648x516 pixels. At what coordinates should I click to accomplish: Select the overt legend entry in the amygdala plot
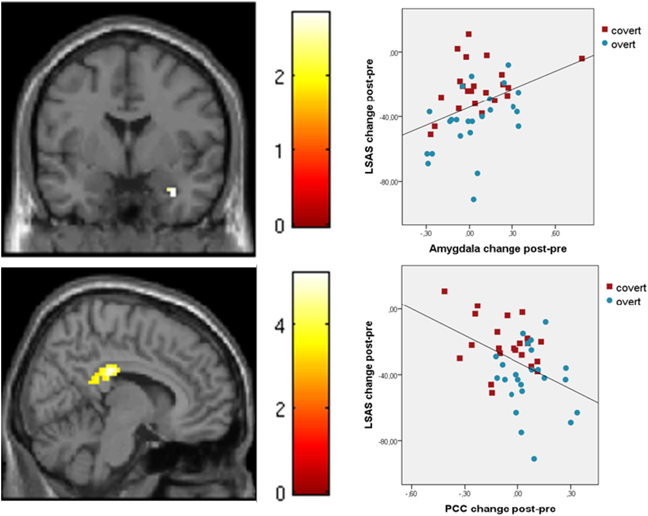[x=623, y=45]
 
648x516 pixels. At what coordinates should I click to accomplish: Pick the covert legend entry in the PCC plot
[x=631, y=288]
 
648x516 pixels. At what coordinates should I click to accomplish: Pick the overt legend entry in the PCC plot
[x=628, y=302]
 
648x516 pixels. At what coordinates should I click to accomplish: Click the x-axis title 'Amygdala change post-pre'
[x=498, y=249]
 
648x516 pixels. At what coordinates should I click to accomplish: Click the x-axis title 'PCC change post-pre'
[x=500, y=509]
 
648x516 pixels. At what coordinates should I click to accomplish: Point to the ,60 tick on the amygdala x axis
[x=555, y=233]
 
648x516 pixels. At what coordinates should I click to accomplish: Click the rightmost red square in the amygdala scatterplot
[x=582, y=59]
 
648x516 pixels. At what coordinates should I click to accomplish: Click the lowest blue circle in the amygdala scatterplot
[x=474, y=200]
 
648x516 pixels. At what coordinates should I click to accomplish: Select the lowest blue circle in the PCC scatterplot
[x=534, y=459]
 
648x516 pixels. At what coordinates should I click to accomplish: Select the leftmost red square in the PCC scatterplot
[x=444, y=291]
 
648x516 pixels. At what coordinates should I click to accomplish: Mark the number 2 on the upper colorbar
[x=279, y=78]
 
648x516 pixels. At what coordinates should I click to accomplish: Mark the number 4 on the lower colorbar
[x=279, y=325]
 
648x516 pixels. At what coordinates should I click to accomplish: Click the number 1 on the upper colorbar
[x=279, y=151]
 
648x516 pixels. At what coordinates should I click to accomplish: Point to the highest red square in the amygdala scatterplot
[x=468, y=34]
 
